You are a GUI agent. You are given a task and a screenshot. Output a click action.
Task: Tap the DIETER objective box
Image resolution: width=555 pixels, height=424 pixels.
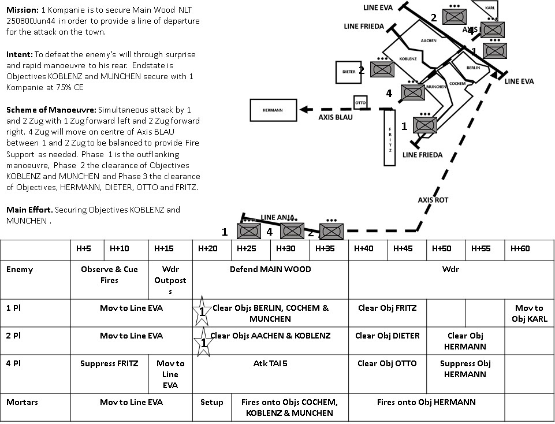349,72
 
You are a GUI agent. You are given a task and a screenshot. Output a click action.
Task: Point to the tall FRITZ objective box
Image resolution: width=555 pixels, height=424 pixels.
390,137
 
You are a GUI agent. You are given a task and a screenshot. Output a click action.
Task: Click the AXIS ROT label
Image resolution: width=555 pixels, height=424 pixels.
433,200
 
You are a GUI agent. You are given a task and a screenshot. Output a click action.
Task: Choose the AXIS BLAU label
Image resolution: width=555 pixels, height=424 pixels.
335,117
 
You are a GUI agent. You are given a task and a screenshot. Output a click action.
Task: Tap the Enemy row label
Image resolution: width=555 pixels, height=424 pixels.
20,269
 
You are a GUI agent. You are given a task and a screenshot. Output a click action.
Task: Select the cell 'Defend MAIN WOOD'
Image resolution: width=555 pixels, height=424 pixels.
270,269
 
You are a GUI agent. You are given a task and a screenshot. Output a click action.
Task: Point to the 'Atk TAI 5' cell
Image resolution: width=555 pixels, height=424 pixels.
270,363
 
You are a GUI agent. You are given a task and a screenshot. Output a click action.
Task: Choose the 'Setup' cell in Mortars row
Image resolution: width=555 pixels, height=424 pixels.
211,402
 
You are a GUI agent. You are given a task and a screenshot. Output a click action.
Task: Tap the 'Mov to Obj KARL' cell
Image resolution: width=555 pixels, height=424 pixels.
529,313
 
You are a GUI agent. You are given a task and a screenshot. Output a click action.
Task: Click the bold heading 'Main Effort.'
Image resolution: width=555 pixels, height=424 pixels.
29,210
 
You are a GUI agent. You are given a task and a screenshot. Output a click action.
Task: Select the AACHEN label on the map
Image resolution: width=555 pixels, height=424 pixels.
429,41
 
